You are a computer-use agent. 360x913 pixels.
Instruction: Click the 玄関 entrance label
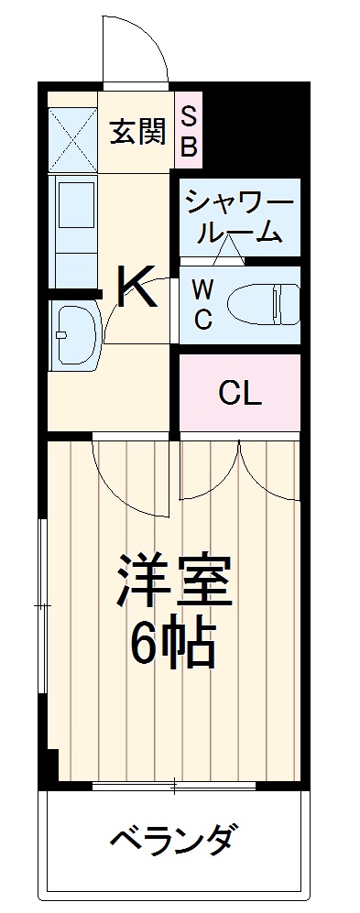138,132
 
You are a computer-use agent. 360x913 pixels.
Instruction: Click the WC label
203,305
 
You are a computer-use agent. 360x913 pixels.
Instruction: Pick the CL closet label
240,394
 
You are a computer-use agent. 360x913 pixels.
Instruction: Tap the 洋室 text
174,581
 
